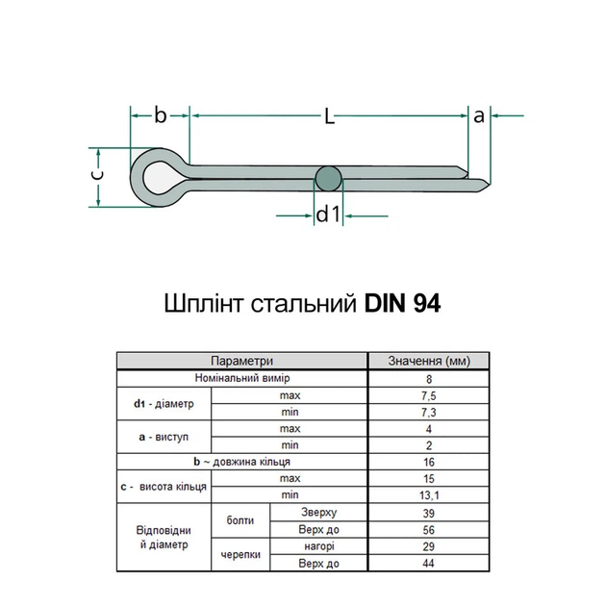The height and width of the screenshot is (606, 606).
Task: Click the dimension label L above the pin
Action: (x=329, y=116)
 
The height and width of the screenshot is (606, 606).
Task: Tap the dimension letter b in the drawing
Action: (x=161, y=115)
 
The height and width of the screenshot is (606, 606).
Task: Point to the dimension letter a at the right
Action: (x=479, y=115)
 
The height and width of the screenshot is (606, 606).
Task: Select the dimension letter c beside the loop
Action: (x=95, y=176)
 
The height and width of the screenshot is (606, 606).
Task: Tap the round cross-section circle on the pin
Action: (x=329, y=178)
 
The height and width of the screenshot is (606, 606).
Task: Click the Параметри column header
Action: (x=242, y=361)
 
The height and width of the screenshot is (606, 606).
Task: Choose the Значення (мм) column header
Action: (x=429, y=361)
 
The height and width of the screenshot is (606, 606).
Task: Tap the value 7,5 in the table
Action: (x=429, y=395)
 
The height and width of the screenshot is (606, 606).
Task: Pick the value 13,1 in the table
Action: (x=429, y=494)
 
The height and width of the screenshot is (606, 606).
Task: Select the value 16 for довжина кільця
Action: (x=429, y=462)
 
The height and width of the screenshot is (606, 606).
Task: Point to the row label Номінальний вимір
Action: (x=242, y=378)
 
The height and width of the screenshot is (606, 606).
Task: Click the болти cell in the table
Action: (x=240, y=520)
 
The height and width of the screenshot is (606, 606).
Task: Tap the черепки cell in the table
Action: (x=240, y=554)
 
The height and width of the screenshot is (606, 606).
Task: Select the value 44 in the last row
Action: (x=429, y=563)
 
